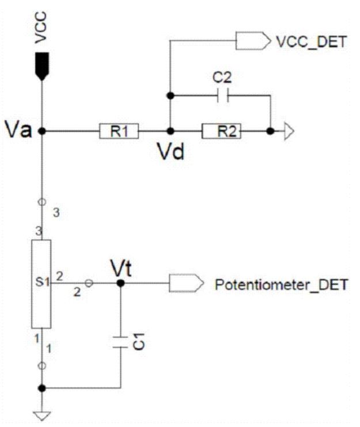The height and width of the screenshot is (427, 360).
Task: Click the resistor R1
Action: pos(119,132)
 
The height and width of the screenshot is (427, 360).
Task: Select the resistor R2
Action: pos(221,132)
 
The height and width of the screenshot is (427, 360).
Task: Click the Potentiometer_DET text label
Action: pos(281,284)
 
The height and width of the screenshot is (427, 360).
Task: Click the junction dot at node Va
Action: pos(41,132)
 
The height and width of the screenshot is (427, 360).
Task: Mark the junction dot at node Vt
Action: pos(120,284)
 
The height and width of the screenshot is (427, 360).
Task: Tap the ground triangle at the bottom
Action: pos(41,415)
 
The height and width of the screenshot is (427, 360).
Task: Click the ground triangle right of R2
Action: pos(289,132)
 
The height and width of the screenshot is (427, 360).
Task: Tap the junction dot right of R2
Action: pos(270,132)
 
